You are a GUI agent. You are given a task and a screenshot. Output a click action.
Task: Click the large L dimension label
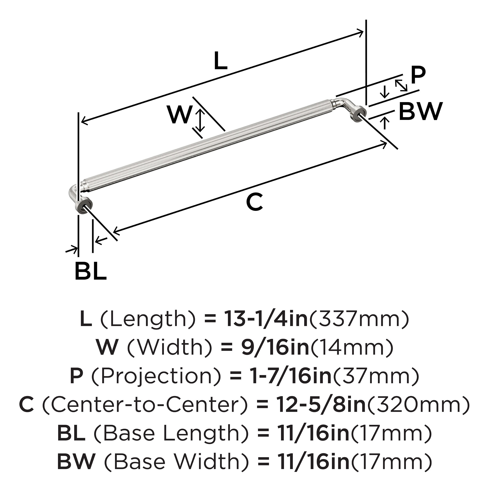[220, 61]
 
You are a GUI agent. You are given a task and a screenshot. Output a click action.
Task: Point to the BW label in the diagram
[421, 111]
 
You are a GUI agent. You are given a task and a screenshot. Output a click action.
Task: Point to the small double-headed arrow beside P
[401, 85]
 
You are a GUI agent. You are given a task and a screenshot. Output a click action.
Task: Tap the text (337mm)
[359, 320]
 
